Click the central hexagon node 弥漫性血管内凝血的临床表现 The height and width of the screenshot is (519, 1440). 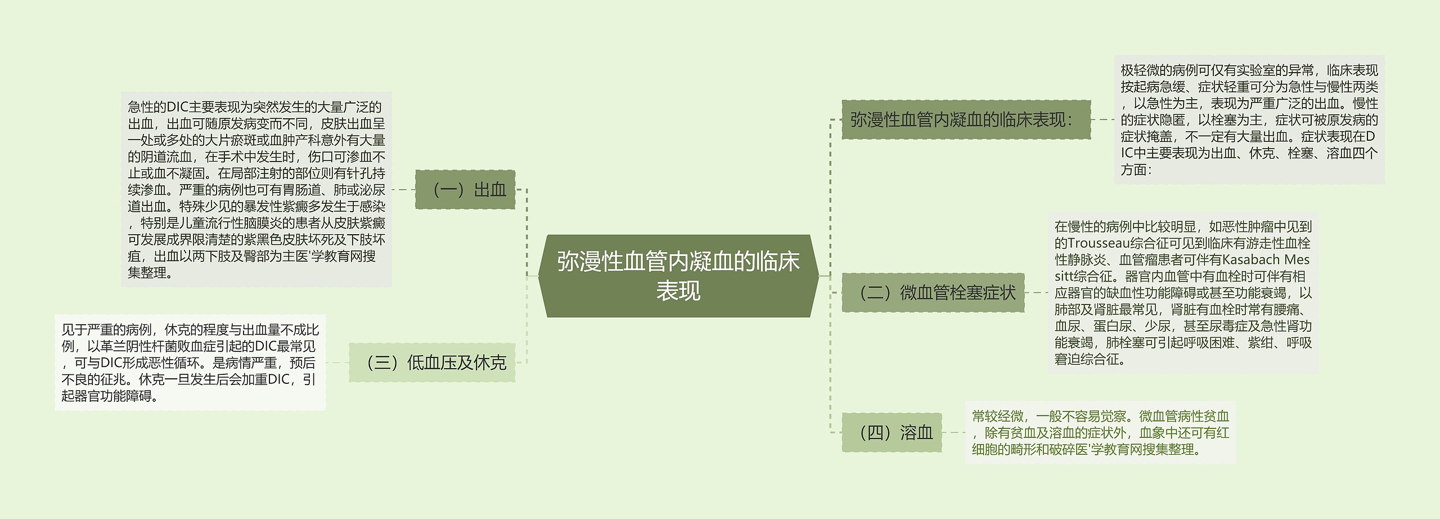click(x=678, y=276)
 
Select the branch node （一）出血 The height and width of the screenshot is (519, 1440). click(x=465, y=190)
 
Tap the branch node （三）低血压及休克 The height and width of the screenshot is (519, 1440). click(x=432, y=363)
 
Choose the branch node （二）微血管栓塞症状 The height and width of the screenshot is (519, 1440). click(x=933, y=293)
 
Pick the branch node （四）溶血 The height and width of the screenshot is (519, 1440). click(x=892, y=432)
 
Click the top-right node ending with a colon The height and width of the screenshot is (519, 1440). click(x=965, y=120)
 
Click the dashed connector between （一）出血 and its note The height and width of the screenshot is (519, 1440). click(x=403, y=190)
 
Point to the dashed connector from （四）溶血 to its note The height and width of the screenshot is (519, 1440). click(x=953, y=432)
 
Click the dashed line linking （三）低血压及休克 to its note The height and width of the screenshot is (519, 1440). click(x=337, y=363)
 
